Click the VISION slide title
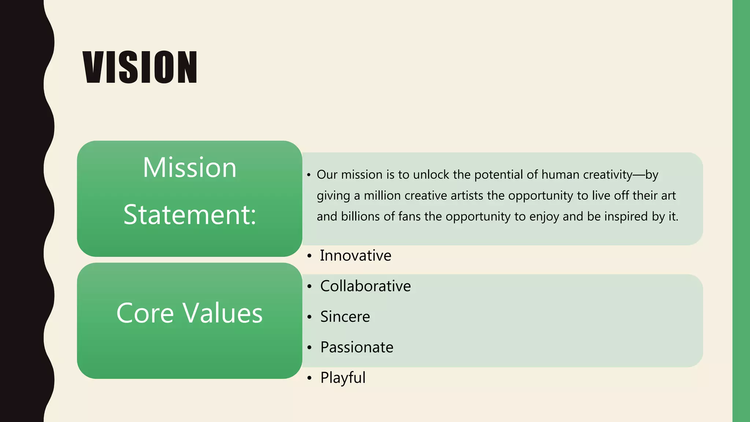tap(140, 67)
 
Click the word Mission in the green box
tap(189, 167)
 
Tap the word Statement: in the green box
tap(189, 215)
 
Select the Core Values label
tap(189, 313)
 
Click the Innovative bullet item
tap(355, 256)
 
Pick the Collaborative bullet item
tap(365, 286)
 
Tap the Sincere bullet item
tap(345, 317)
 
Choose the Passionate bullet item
tap(357, 347)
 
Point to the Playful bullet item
tap(343, 378)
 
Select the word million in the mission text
tap(382, 196)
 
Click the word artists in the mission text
tap(467, 196)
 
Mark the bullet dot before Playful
tap(309, 378)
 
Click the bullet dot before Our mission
tap(309, 175)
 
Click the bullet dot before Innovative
tap(309, 256)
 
